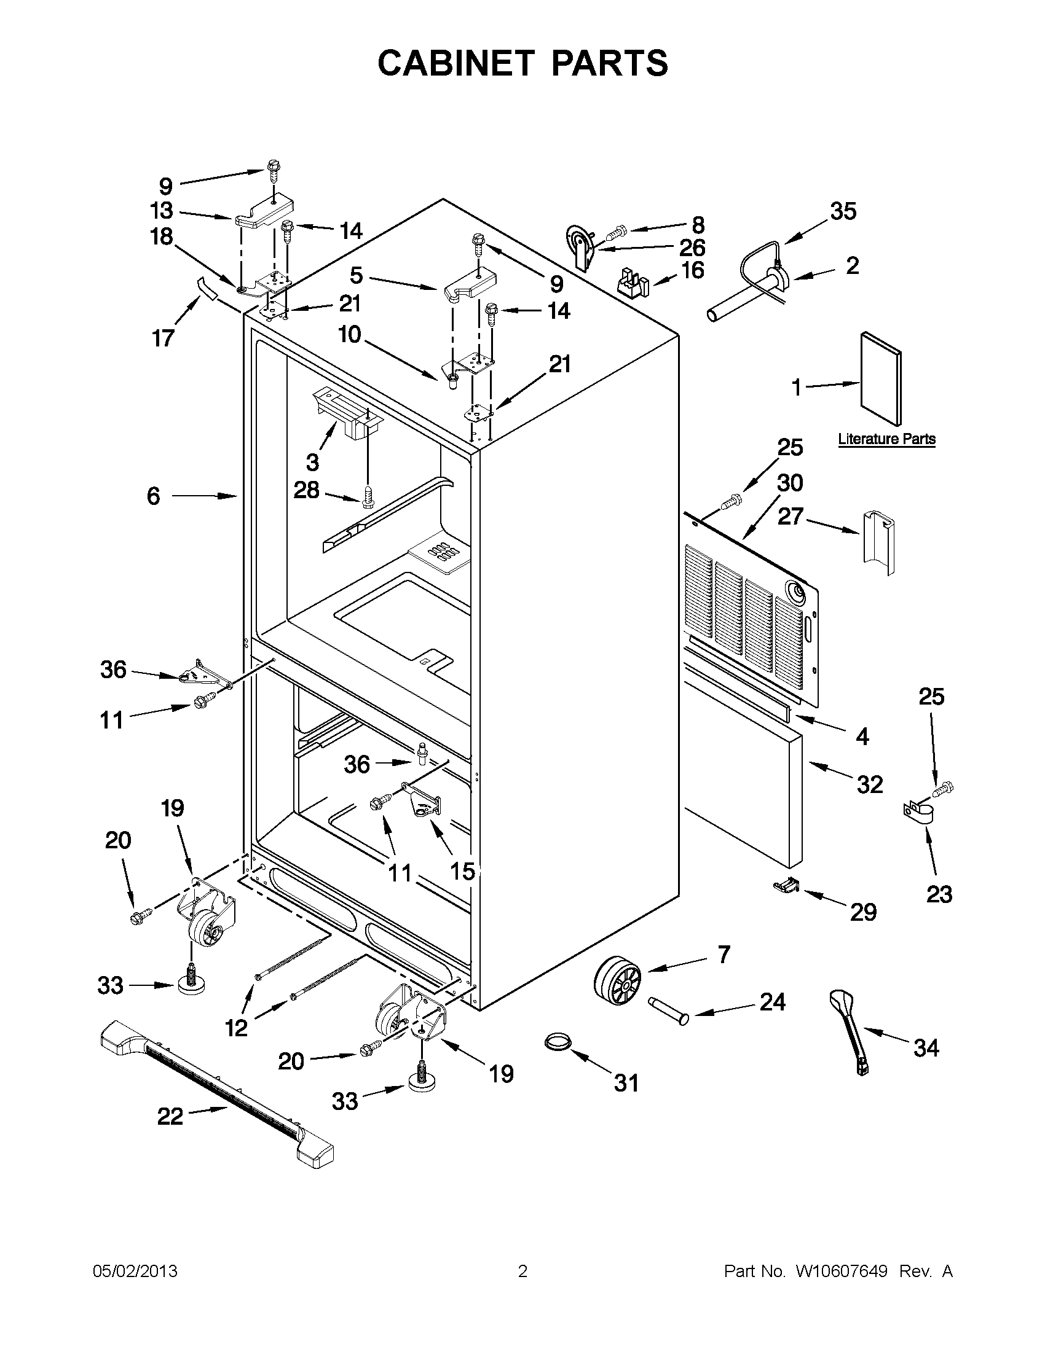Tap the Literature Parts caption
coord(886,439)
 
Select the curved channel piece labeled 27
coord(878,541)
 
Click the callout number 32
coord(869,784)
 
